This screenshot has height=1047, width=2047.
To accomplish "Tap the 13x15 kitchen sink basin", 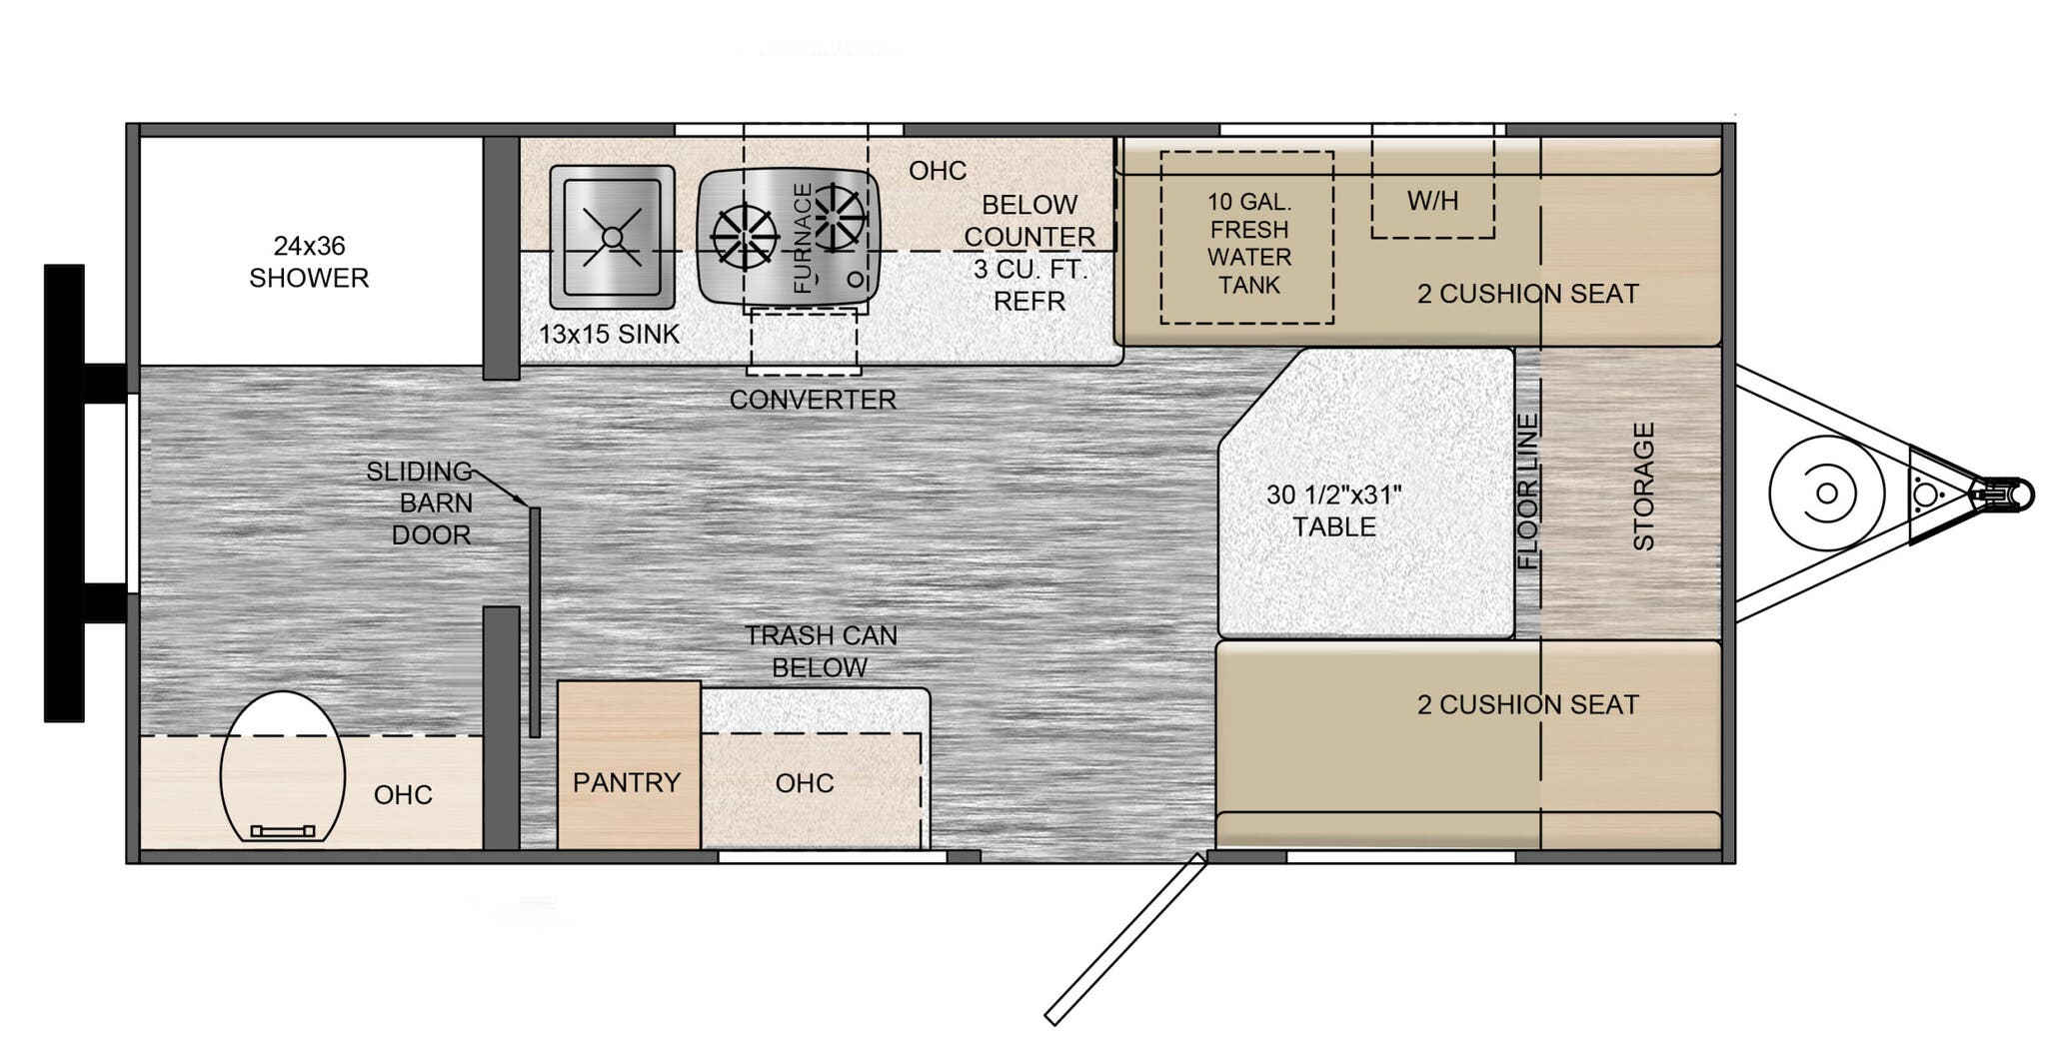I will tap(612, 237).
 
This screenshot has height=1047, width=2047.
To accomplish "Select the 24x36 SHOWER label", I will tap(309, 262).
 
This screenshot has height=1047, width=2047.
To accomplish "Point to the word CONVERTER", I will tap(812, 400).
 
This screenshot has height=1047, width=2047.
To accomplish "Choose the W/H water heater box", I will tap(1432, 200).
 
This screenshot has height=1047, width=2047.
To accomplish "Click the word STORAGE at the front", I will tap(1643, 487).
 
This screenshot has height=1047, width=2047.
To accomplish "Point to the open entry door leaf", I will tap(1126, 939).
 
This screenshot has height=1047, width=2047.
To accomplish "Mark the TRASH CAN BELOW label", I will tap(821, 651).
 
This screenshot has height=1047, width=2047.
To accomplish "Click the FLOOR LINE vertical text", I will tap(1528, 492).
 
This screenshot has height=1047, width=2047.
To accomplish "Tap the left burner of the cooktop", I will tap(745, 237).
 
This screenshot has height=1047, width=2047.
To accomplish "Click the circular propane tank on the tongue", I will tap(1825, 494).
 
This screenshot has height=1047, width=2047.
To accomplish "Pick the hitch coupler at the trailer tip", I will tap(2004, 494).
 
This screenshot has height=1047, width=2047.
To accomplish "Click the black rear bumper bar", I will tap(64, 493).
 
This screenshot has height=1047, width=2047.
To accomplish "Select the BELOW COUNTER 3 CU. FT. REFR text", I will tap(1028, 253).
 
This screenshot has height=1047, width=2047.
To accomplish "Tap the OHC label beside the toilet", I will tap(403, 794).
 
